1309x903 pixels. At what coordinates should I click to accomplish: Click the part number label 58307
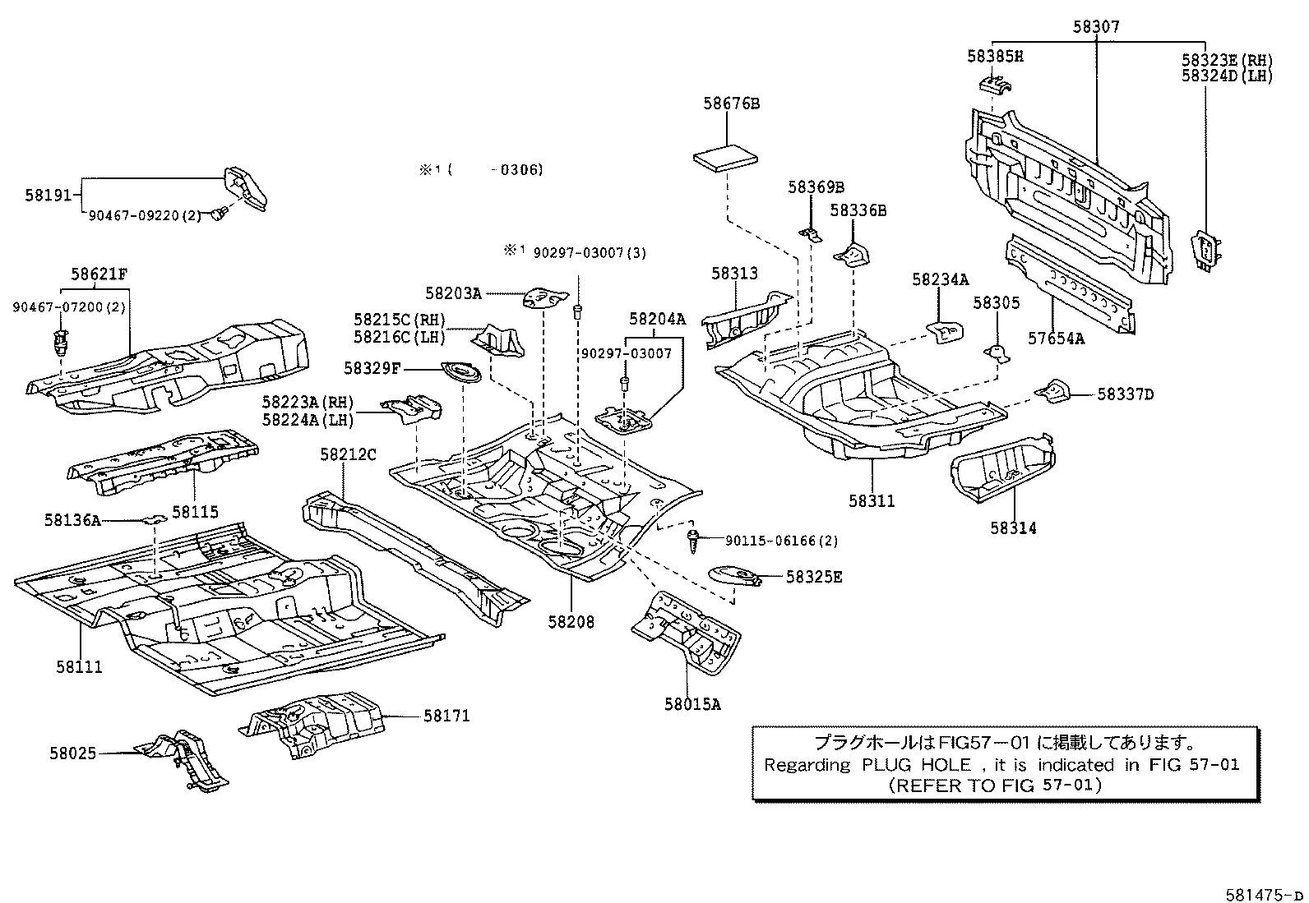click(1096, 27)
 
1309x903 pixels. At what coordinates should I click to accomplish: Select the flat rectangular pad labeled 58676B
click(727, 158)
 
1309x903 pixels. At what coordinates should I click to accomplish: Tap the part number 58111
click(80, 666)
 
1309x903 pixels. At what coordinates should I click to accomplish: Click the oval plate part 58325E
click(734, 574)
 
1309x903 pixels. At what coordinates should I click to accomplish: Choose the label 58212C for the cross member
click(348, 454)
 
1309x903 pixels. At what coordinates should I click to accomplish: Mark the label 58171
click(446, 716)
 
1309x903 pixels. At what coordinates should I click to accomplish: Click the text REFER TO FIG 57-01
click(994, 785)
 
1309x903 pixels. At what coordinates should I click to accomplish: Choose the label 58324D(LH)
click(1227, 76)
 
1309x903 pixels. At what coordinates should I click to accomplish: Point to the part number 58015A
click(692, 703)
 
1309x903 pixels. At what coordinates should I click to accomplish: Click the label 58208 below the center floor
click(571, 622)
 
